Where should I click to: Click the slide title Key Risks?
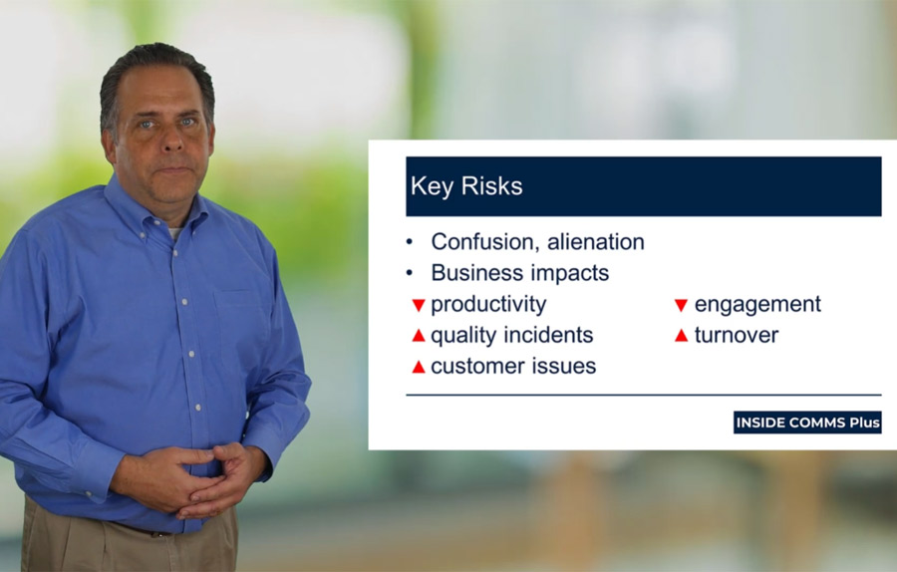tap(466, 186)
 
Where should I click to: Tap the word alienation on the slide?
tap(595, 242)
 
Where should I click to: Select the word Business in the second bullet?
tap(476, 273)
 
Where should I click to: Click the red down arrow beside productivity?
tap(419, 306)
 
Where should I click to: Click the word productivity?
tap(488, 305)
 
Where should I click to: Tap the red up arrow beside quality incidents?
tap(419, 336)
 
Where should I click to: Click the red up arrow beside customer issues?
tap(419, 367)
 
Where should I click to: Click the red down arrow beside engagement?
tap(681, 306)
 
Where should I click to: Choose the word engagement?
tap(757, 305)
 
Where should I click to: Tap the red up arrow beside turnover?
tap(681, 336)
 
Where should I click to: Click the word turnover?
tap(737, 335)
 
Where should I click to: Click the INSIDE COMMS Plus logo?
tap(807, 423)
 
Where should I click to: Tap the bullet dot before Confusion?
tap(409, 242)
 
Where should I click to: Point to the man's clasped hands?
tap(188, 480)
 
